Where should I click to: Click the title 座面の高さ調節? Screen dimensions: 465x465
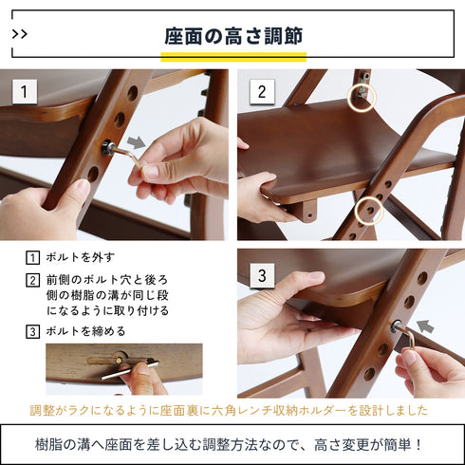tap(232, 36)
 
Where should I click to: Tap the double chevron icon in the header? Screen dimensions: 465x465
tap(21, 34)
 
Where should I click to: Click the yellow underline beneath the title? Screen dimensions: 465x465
tap(232, 56)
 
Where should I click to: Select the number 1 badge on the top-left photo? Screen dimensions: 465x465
tap(25, 92)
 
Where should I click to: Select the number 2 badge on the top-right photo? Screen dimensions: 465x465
tap(263, 92)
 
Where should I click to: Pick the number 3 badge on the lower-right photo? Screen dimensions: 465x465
tap(263, 277)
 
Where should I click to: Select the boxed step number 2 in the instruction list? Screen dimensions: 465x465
tap(32, 281)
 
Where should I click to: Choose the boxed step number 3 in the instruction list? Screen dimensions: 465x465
tap(32, 331)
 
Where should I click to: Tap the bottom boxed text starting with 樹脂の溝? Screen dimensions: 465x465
tap(232, 443)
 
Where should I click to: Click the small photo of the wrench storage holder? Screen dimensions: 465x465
tap(123, 369)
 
